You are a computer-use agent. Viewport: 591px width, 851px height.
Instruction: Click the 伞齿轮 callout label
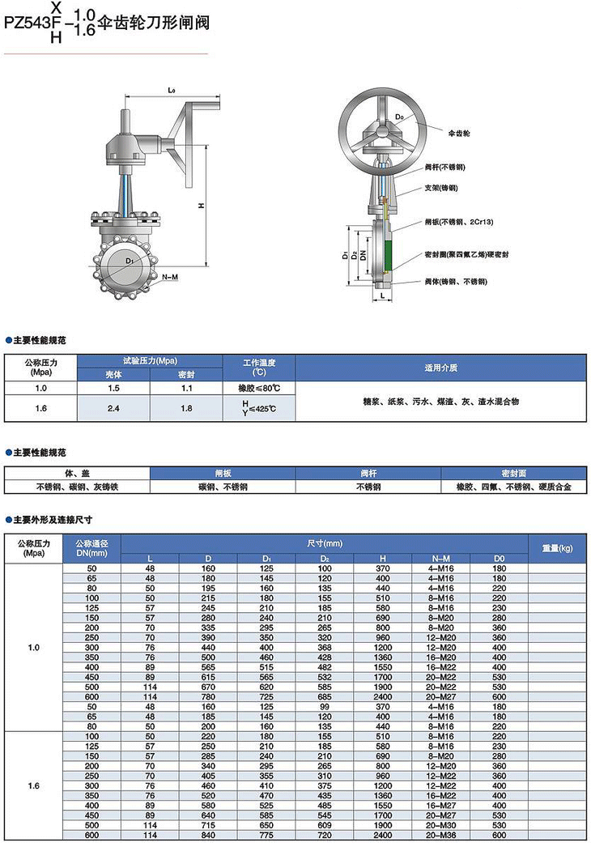click(x=458, y=133)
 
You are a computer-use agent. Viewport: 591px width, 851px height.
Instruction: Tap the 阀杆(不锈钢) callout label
click(x=444, y=167)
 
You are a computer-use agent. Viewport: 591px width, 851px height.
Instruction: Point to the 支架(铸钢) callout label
click(x=441, y=188)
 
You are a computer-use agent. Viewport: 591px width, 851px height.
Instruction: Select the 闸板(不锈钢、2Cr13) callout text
click(x=458, y=221)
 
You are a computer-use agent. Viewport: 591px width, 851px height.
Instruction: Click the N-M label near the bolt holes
click(x=170, y=277)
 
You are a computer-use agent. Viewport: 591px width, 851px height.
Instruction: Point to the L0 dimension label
click(x=172, y=90)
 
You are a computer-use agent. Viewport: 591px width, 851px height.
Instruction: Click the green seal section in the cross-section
click(x=388, y=254)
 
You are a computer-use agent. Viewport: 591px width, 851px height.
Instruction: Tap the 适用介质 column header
click(x=440, y=368)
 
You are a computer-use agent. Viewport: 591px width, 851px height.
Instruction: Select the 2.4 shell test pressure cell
click(x=113, y=408)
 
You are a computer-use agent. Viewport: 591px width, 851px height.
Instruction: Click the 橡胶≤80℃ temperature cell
click(x=259, y=388)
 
